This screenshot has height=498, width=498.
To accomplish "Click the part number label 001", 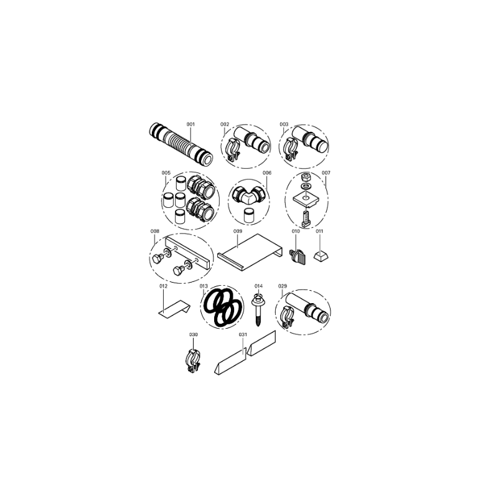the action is click(190, 124).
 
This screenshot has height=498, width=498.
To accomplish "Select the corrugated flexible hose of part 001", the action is click(181, 145).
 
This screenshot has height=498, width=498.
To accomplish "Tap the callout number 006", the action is click(267, 173).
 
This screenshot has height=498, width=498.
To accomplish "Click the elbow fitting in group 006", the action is click(250, 195).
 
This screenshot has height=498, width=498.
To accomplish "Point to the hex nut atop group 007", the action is click(306, 176).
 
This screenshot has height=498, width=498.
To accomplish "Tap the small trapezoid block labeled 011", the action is click(321, 256).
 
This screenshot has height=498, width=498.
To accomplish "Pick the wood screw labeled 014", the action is click(258, 309).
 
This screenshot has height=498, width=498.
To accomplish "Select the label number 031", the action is click(243, 334).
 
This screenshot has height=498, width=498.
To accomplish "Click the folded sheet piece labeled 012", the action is click(174, 309).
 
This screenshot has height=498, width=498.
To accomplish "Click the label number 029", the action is click(283, 286).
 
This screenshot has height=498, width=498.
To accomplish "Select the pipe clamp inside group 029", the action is click(288, 317).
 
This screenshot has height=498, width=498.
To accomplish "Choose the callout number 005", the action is click(166, 173).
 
